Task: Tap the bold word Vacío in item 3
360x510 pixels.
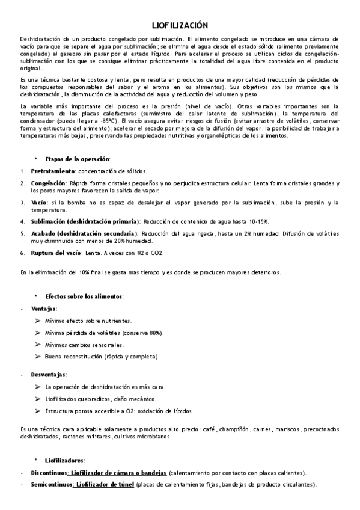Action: point(38,203)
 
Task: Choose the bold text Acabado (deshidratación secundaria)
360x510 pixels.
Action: point(83,233)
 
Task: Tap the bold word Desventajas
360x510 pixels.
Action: point(49,375)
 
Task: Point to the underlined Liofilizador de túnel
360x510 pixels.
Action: point(104,484)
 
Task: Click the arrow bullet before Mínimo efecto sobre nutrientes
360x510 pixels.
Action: point(38,321)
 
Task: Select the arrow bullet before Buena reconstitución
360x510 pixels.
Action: point(38,357)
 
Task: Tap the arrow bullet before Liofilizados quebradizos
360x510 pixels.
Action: point(38,399)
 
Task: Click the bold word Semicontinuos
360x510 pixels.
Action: point(51,484)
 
